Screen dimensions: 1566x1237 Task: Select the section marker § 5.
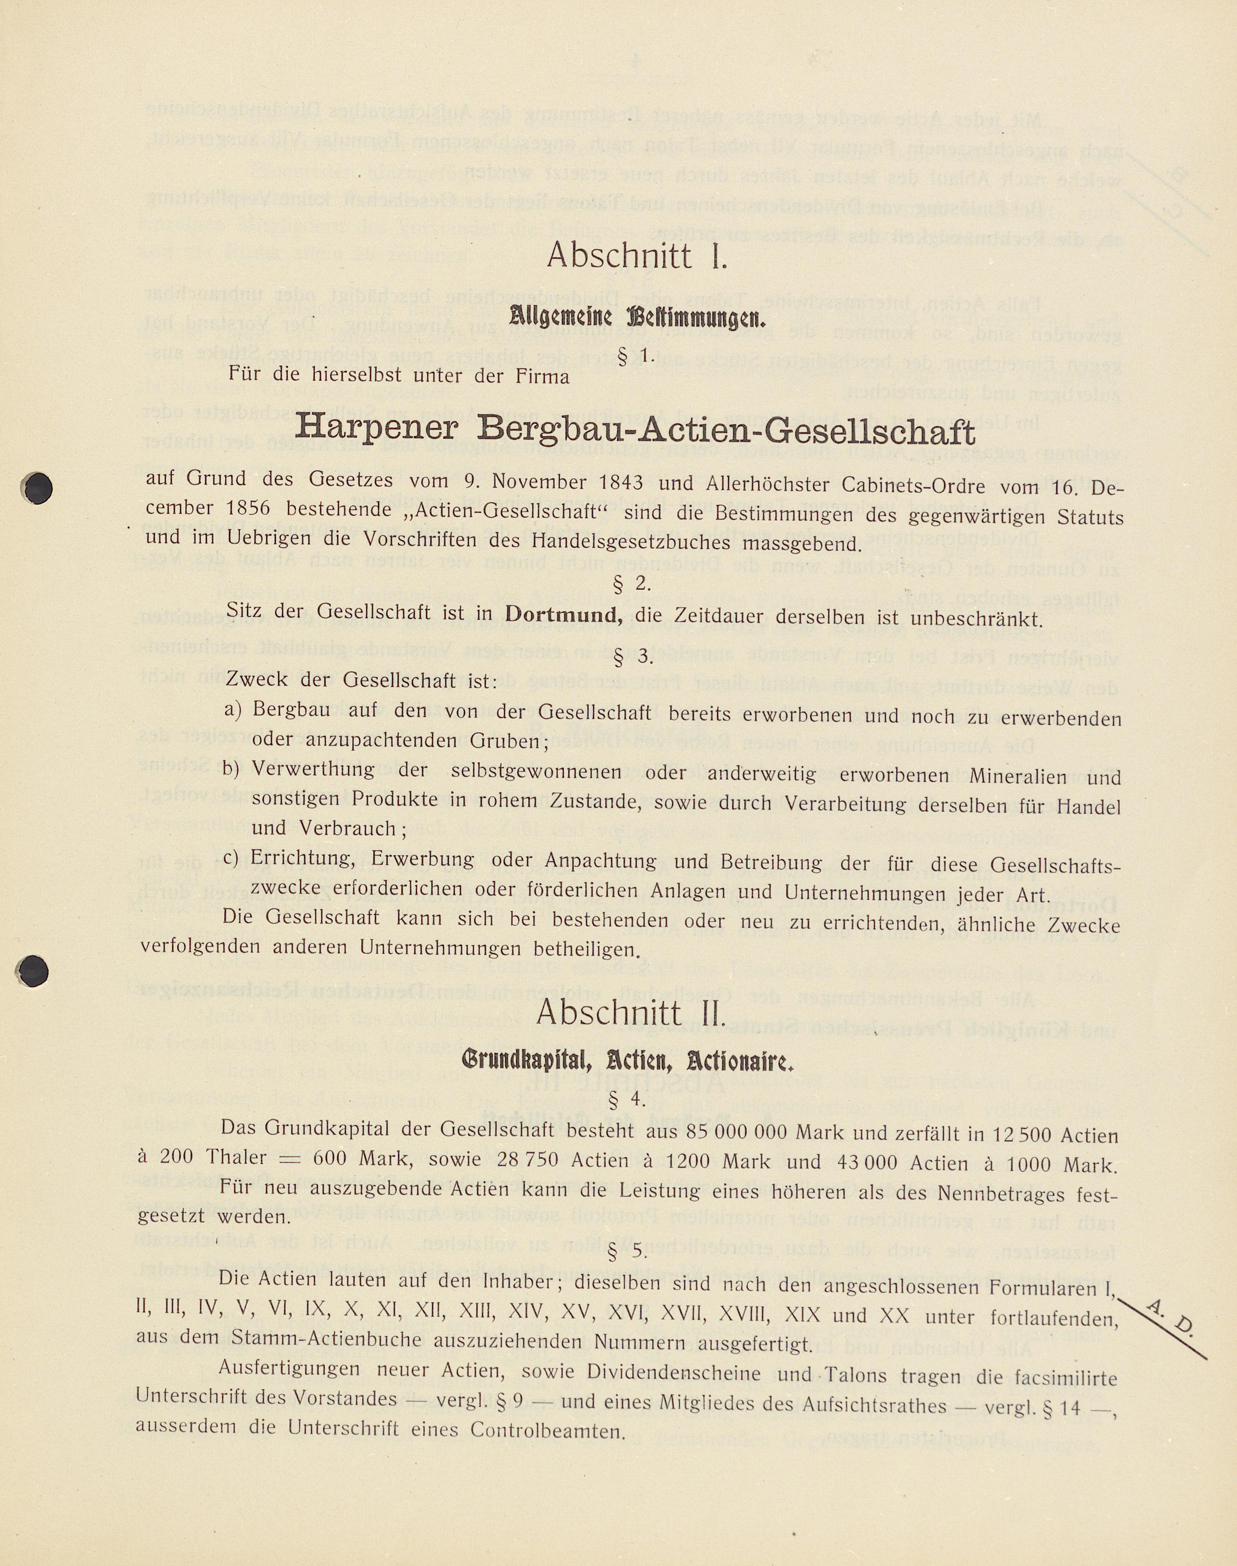click(x=627, y=1250)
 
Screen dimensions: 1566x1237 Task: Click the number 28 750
click(x=527, y=1160)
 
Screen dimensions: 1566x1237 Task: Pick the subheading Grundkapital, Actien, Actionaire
click(x=628, y=1061)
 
